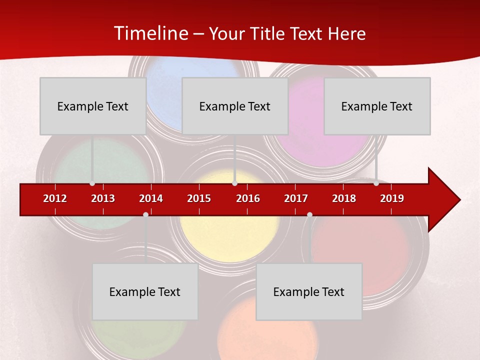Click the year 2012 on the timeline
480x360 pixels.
click(x=55, y=198)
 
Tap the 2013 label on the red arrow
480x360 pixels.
click(x=103, y=198)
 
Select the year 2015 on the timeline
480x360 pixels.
click(x=199, y=198)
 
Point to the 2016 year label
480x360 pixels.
click(x=248, y=198)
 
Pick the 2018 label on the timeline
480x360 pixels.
click(x=344, y=198)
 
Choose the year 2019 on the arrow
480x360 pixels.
click(x=392, y=198)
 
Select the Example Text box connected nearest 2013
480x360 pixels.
click(x=93, y=106)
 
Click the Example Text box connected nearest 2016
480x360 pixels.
click(x=235, y=106)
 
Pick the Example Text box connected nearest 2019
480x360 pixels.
click(x=377, y=106)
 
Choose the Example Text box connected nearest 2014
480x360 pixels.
click(x=145, y=291)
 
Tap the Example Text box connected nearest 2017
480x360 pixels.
click(x=309, y=291)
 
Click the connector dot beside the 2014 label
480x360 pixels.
click(x=145, y=214)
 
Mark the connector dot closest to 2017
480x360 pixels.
click(x=309, y=214)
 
